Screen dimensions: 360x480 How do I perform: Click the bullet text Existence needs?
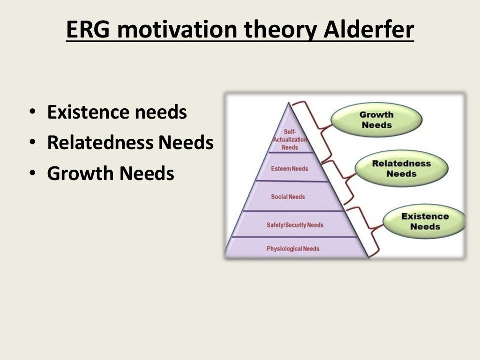[x=117, y=112]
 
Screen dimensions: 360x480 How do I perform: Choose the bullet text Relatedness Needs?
[x=130, y=143]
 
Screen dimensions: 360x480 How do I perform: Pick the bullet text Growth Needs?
[x=111, y=173]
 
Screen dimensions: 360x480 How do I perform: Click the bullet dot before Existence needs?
[x=31, y=113]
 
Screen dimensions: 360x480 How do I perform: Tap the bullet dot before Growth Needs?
[x=31, y=174]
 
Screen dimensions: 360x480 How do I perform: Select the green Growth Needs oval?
[x=376, y=120]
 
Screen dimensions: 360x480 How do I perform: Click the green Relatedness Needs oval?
[x=401, y=169]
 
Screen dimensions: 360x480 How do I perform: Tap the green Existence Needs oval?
[x=425, y=221]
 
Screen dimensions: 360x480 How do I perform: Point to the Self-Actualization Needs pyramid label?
[x=290, y=140]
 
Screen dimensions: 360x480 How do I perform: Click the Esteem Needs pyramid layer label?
[x=289, y=168]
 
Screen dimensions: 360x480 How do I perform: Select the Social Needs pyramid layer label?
[x=288, y=197]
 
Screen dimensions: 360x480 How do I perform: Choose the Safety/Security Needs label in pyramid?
[x=295, y=225]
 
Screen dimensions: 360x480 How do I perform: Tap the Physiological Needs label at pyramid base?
[x=293, y=248]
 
